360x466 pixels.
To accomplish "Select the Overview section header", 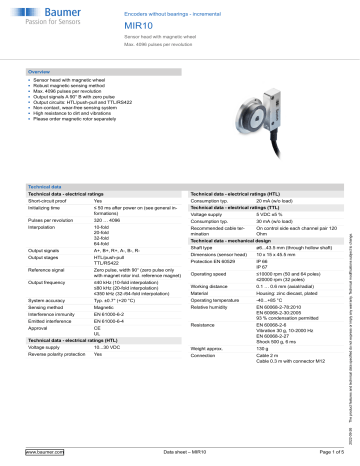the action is [40, 74].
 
